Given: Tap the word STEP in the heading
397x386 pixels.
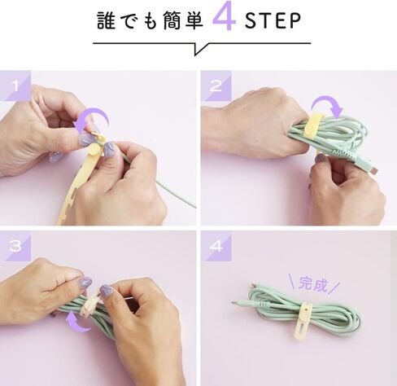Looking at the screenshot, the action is coord(273,20).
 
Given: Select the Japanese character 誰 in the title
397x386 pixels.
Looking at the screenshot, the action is coord(106,20).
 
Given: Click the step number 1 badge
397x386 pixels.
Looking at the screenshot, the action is coord(15,86).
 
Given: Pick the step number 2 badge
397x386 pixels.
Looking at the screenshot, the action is coord(216,86).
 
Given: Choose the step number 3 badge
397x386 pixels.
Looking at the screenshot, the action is coord(15,246).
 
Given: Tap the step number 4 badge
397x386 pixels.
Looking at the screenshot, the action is coord(216,246).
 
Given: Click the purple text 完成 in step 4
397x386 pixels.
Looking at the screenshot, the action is coord(313,284).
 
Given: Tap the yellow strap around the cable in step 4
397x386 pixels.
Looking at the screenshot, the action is coord(303,320).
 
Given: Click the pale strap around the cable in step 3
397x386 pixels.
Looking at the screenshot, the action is coord(89,304).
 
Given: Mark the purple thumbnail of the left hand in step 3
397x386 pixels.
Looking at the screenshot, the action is coord(85,283).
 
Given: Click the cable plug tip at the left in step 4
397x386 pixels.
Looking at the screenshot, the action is coord(235,302).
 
